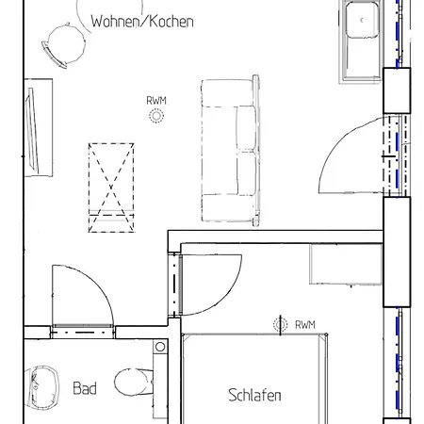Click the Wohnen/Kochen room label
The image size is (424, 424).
[x=142, y=22]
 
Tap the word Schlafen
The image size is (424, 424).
[x=254, y=396]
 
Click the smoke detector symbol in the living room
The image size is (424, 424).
[x=155, y=116]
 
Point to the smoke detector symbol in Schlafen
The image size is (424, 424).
[x=280, y=325]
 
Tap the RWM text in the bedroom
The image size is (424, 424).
[x=304, y=325]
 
